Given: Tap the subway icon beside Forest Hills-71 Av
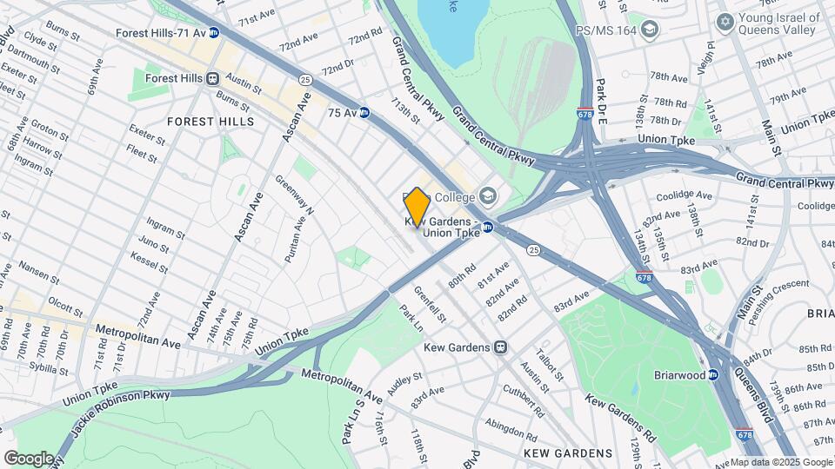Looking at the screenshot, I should point(213,33).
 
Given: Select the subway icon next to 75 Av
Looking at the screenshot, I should point(364,113).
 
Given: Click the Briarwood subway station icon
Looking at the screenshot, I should point(712,375).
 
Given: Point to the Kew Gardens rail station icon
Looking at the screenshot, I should point(500,347).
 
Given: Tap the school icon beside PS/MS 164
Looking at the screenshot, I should point(649,30).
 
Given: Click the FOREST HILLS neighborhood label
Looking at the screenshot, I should point(210,122).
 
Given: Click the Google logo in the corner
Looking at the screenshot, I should point(30,458).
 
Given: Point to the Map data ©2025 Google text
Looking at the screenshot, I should point(781,462).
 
